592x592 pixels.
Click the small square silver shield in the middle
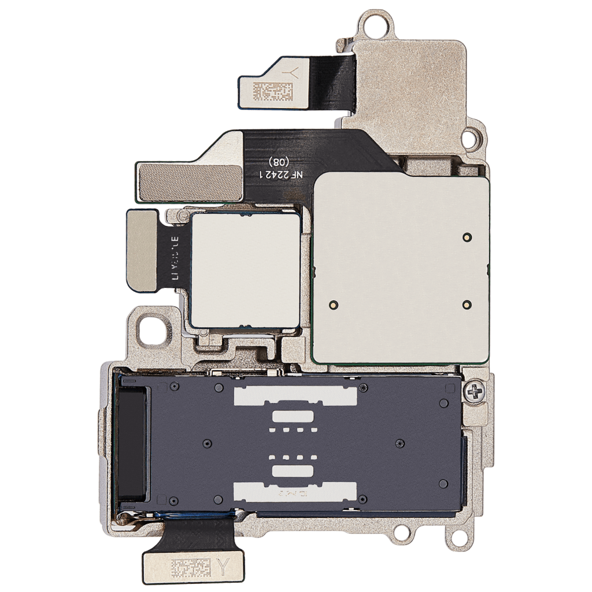pos(245,269)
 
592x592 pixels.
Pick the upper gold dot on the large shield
pos(467,236)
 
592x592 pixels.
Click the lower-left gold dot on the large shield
pos(333,304)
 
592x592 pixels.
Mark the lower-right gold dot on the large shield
pos(467,304)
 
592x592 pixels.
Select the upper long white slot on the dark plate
pos(294,395)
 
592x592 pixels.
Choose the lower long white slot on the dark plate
pos(294,493)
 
